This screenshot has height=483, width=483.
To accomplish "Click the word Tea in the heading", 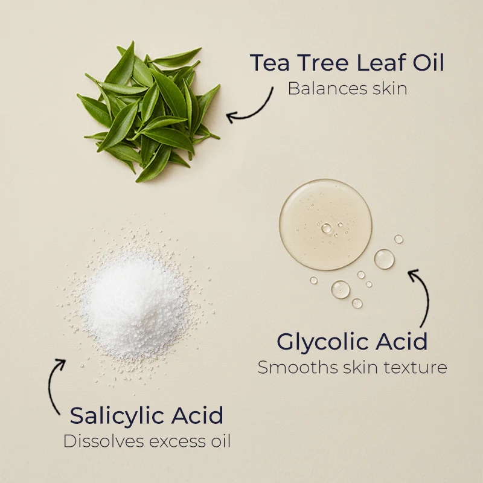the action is coord(269,63).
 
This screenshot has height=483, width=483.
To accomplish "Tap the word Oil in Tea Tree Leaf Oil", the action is coord(429,63).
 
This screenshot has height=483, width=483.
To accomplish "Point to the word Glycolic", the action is coord(322,342).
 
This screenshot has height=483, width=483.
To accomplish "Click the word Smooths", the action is coord(298,367).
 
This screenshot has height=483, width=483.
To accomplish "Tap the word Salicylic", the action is coord(117,417).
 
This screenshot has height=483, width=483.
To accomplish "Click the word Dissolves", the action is coord(103,441).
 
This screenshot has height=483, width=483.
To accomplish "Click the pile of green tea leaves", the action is coord(148,112).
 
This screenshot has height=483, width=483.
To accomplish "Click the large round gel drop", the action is coord(325,225).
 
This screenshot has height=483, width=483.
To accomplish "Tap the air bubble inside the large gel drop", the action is coord(326,228).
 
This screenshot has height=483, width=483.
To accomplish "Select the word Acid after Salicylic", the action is coord(197,415).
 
